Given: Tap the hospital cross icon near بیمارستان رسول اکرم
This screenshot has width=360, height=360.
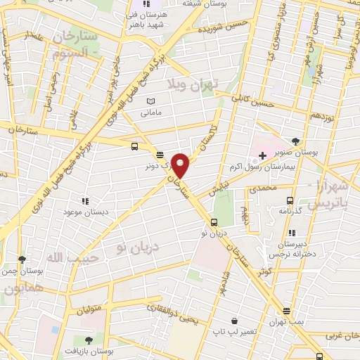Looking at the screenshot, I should click(262, 155).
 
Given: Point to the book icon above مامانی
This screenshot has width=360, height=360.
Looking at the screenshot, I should click(150, 101).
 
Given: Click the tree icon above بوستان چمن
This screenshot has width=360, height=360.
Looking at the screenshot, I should click(22, 258).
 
